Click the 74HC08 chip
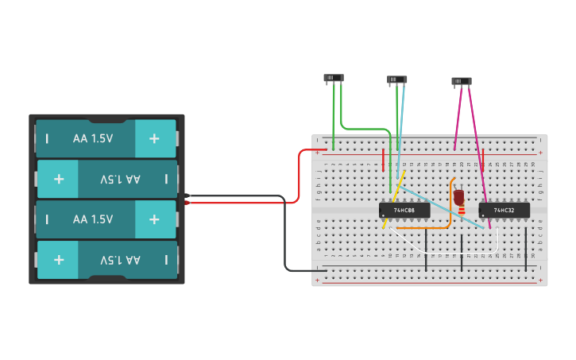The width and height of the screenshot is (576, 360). (x=404, y=210)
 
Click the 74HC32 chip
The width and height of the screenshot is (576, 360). (x=504, y=210)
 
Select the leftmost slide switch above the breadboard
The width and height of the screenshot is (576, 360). (x=334, y=78)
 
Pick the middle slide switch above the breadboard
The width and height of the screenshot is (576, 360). (x=397, y=79)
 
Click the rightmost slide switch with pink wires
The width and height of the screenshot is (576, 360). (x=462, y=81)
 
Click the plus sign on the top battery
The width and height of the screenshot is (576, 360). (x=154, y=138)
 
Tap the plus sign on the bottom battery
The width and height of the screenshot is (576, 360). (x=59, y=260)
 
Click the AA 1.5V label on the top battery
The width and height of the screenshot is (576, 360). (x=93, y=138)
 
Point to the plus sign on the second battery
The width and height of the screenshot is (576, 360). (x=59, y=179)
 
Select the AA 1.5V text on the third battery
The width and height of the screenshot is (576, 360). (x=93, y=219)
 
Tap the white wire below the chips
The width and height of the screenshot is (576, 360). (x=445, y=253)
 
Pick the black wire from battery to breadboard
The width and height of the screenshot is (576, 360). (x=285, y=238)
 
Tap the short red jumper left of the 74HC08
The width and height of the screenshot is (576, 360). (x=384, y=161)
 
